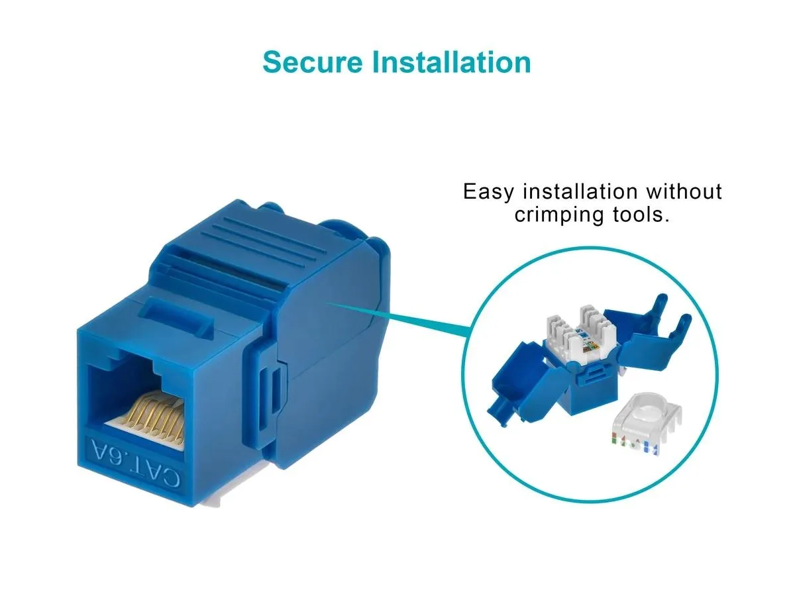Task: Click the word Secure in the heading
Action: tap(312, 62)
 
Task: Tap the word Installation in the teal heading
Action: tap(451, 62)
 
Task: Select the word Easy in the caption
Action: tap(488, 192)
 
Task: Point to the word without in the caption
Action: tap(684, 191)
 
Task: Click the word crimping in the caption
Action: tap(559, 215)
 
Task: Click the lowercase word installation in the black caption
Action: tap(580, 191)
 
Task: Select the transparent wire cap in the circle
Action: tap(645, 423)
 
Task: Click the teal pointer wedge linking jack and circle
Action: tap(397, 319)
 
